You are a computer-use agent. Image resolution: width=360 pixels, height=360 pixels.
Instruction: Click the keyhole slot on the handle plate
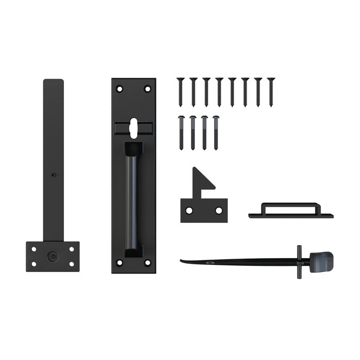coord(133,127)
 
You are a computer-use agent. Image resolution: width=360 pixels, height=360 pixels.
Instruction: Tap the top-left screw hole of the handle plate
coord(120,89)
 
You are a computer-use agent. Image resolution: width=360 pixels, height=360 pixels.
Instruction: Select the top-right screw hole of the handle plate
coord(147,89)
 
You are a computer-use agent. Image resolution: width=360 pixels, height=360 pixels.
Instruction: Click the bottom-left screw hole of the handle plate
coord(120,263)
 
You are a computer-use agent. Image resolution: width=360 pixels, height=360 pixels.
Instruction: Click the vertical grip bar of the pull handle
coord(133,201)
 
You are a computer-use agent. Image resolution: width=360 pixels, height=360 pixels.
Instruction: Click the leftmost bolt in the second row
coord(181,132)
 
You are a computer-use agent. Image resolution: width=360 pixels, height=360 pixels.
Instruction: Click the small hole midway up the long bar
coord(53,174)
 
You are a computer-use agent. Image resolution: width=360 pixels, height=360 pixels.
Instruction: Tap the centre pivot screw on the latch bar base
coord(53,255)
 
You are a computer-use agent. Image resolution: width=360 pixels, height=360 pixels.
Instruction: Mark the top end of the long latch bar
coord(53,82)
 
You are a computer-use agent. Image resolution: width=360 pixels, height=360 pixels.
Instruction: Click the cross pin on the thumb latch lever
coord(299,262)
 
